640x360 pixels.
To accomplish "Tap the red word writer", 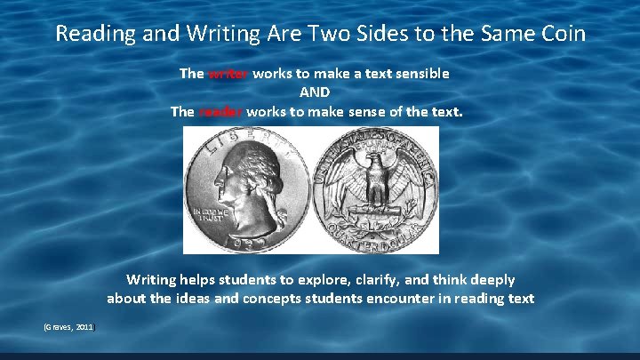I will pos(228,74).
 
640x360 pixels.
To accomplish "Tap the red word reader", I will pos(221,112).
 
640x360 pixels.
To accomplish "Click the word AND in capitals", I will pos(316,92).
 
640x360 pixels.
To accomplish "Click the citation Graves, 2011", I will pos(69,328).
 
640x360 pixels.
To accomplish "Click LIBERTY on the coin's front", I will pos(240,139).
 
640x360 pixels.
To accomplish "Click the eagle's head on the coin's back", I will pos(379,164).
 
